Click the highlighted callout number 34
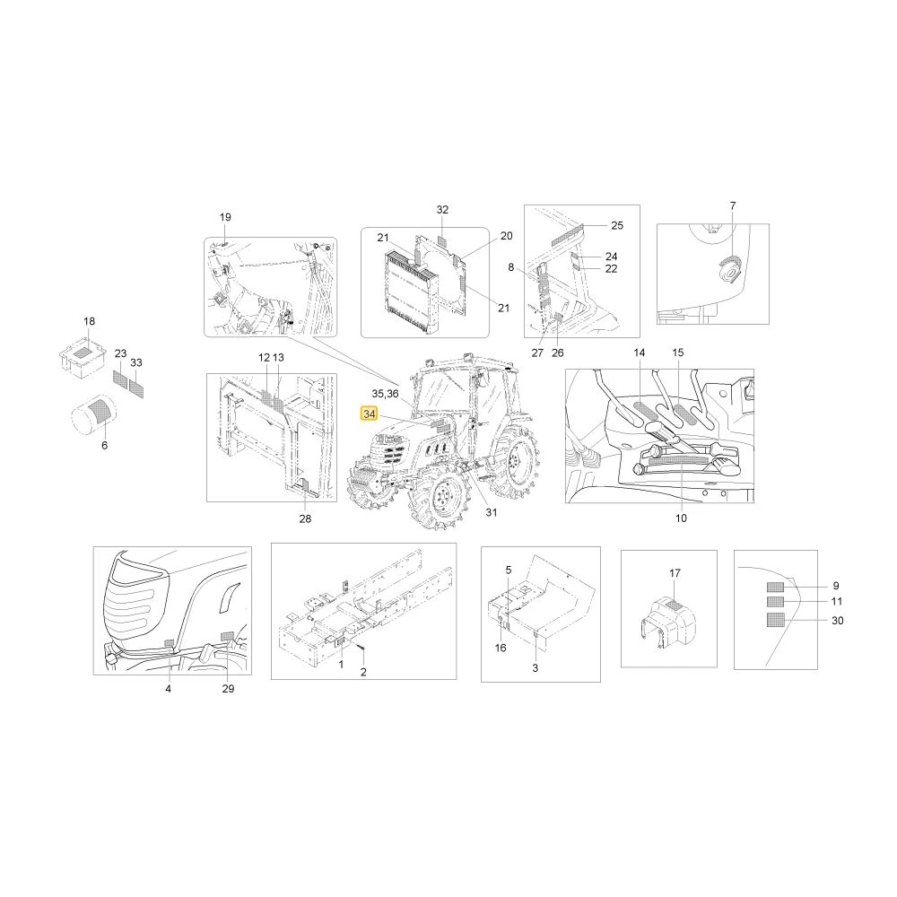coord(370,413)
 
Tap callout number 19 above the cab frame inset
coord(225,217)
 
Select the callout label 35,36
coord(385,394)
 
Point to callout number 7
coord(733,205)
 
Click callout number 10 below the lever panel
coord(681,518)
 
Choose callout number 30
coord(838,621)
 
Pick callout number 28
coord(306,518)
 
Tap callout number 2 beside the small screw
coord(363,672)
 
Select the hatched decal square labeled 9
coord(776,587)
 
